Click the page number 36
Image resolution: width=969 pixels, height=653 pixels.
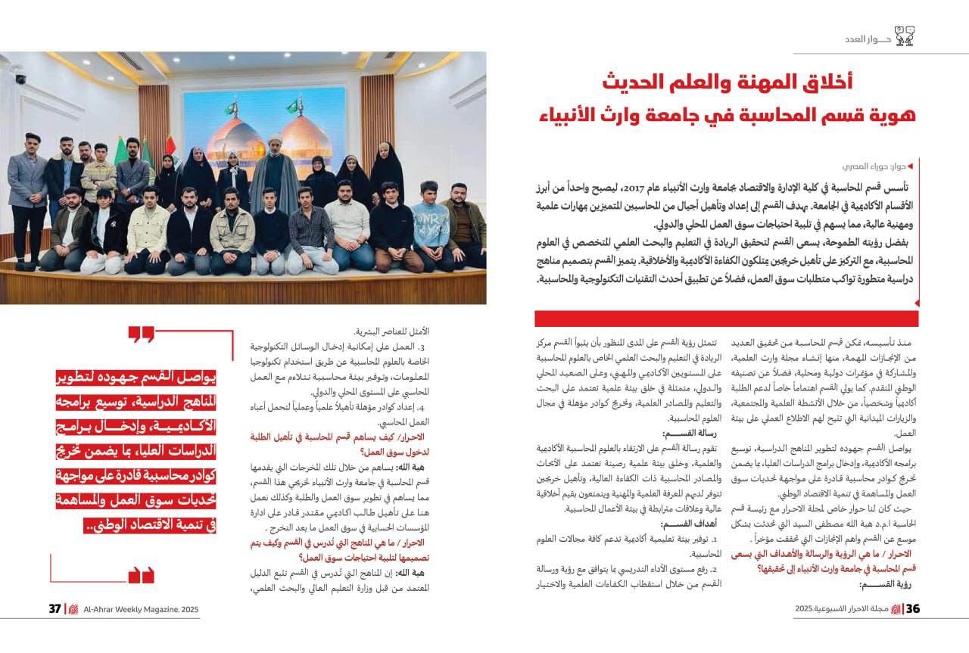point(912,610)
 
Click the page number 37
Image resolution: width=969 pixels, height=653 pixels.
point(55,610)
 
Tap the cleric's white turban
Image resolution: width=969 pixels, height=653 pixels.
point(276,141)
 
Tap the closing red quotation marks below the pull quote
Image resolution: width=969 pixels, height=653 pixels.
point(141,575)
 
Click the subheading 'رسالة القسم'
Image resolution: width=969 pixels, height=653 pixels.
point(682,434)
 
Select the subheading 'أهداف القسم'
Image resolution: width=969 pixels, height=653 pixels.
point(682,524)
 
